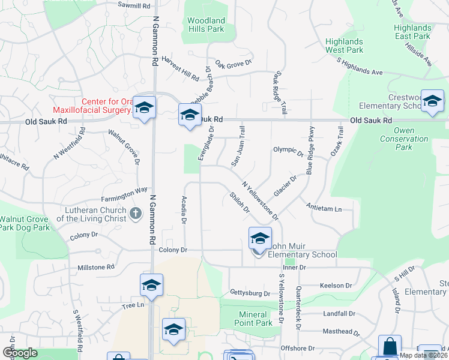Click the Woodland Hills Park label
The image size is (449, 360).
tap(206, 25)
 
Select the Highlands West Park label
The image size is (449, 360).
tap(345, 46)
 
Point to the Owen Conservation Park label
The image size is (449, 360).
tap(404, 139)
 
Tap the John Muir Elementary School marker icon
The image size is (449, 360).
tap(260, 238)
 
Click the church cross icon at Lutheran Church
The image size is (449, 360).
tap(136, 212)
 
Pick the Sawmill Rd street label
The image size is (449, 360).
tap(134, 5)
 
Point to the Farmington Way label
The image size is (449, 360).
tap(124, 190)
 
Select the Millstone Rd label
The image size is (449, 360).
tap(96, 267)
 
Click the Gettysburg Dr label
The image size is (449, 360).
tap(250, 293)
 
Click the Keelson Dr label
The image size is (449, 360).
tap(336, 286)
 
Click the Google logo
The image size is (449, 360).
tap(20, 352)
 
